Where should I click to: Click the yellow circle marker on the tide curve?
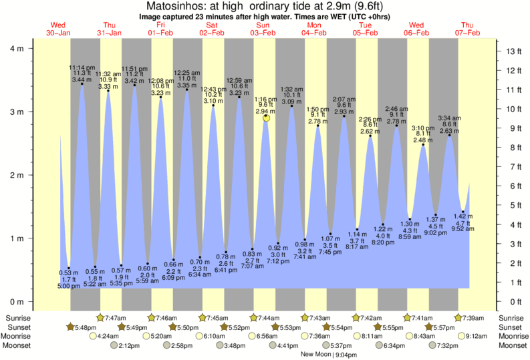point(267,118)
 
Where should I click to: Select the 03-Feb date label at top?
point(262,33)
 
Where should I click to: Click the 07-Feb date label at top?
point(467,33)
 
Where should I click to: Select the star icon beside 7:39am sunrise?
point(458,318)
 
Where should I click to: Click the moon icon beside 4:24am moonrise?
point(93,337)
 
